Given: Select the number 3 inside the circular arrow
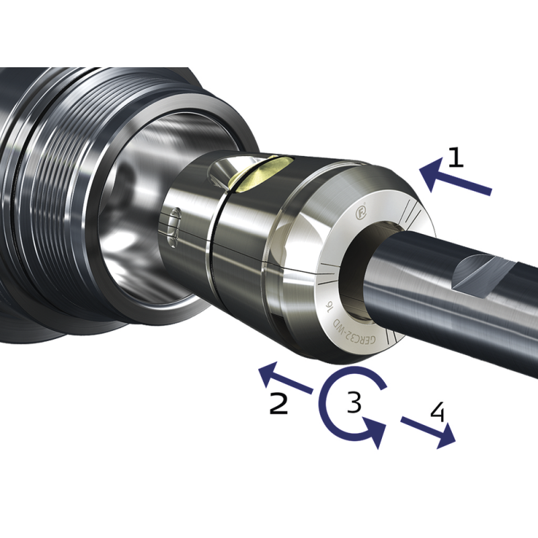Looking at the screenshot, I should (354, 402).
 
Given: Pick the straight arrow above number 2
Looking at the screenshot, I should (286, 378).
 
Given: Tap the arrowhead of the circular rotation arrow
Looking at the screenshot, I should (374, 431).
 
